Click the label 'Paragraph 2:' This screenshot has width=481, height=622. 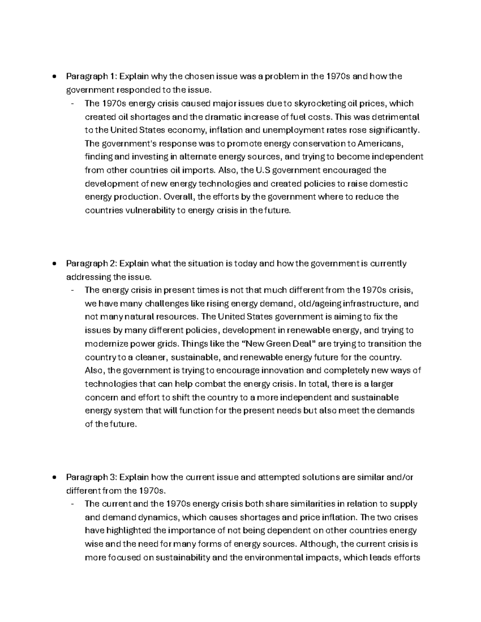point(91,264)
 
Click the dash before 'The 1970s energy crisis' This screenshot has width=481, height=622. point(72,104)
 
